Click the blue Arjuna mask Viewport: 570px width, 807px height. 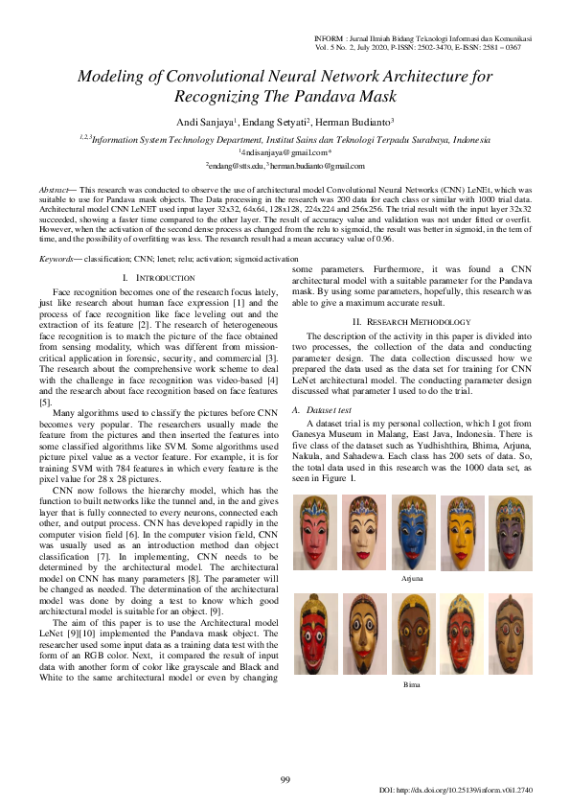pyautogui.click(x=412, y=535)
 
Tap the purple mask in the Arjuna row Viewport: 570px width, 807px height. pyautogui.click(x=510, y=533)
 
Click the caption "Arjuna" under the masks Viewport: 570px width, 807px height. pyautogui.click(x=412, y=579)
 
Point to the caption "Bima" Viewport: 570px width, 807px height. pyautogui.click(x=412, y=685)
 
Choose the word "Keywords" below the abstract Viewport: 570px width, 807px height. pyautogui.click(x=56, y=259)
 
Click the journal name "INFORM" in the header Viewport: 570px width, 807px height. pyautogui.click(x=330, y=37)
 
